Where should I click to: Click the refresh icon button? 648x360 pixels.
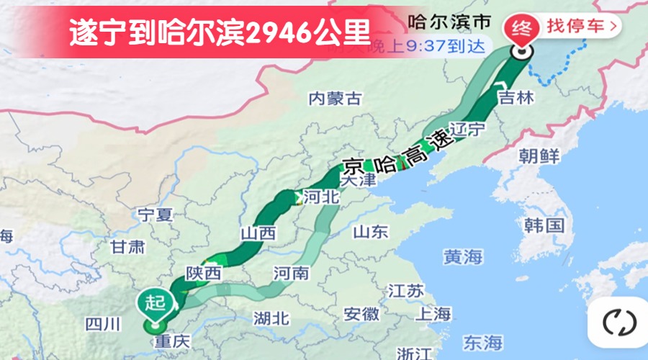tap(615, 322)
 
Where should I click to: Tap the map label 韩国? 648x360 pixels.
tap(543, 225)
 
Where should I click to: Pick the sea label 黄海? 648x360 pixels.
tap(463, 256)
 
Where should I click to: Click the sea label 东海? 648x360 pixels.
tap(482, 341)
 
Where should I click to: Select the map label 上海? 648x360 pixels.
tap(433, 314)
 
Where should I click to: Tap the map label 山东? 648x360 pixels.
tap(371, 231)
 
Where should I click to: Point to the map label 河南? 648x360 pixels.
tap(292, 273)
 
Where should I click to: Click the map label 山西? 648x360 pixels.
tap(258, 233)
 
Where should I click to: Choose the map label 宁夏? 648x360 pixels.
tap(155, 214)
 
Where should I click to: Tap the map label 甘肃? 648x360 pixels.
tap(127, 247)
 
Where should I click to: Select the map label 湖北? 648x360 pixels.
tap(271, 318)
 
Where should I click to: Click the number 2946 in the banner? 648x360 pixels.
tap(279, 32)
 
